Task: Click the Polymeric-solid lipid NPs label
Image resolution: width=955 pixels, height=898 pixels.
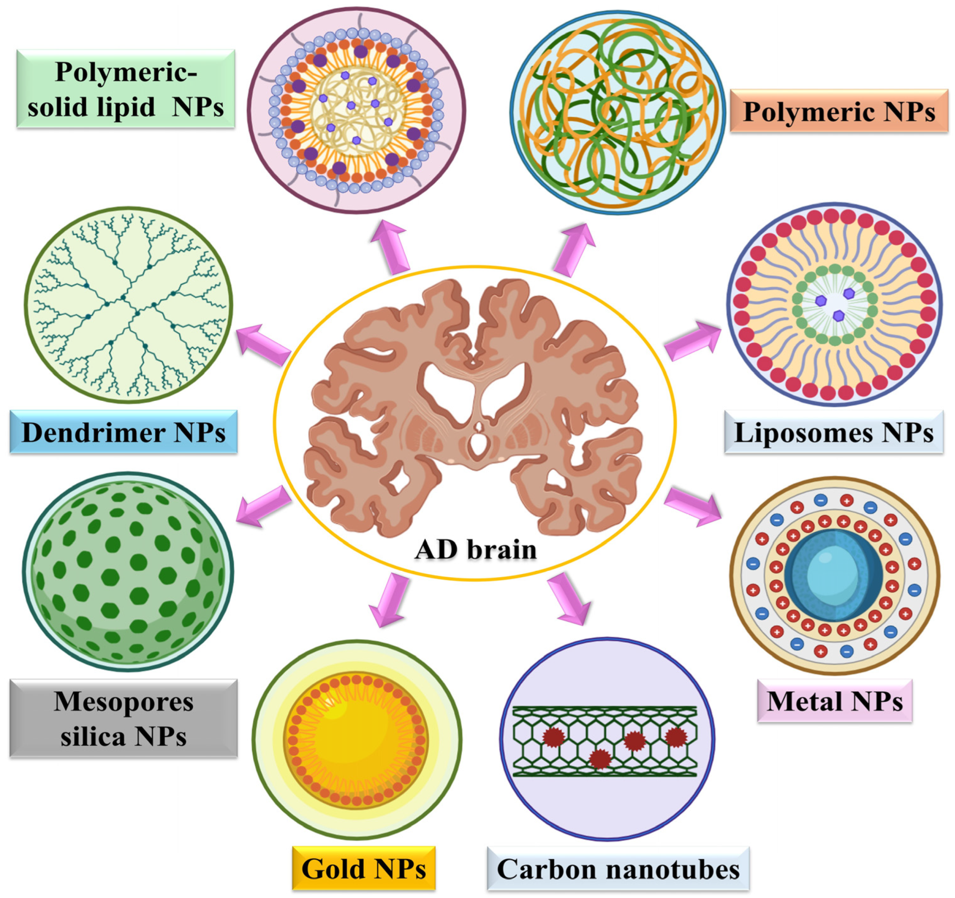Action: click(x=125, y=89)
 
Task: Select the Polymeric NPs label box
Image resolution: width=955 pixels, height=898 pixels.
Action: click(x=838, y=111)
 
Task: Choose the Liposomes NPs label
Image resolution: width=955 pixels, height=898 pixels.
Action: click(x=833, y=432)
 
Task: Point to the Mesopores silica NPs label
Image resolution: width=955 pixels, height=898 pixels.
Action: click(x=123, y=718)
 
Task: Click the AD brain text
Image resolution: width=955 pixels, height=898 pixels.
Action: click(x=475, y=549)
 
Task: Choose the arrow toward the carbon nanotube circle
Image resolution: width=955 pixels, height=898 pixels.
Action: click(x=570, y=598)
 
